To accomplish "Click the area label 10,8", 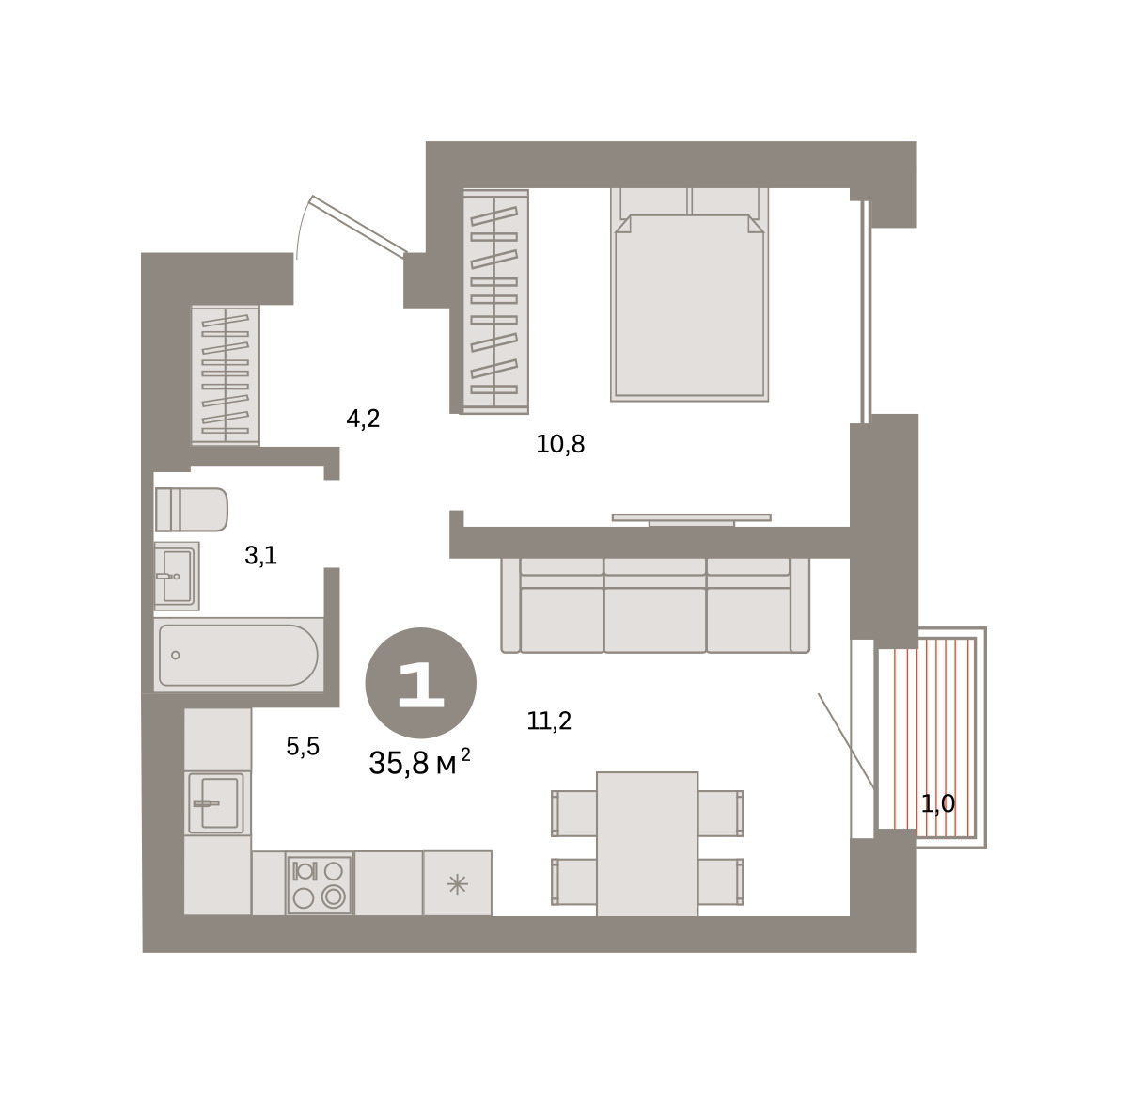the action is click(x=560, y=445).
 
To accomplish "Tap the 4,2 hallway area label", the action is click(x=363, y=419).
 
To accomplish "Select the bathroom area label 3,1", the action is click(x=260, y=556).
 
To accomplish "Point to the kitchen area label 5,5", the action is click(x=303, y=747).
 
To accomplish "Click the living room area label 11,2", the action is click(x=549, y=721).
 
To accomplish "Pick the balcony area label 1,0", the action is click(x=938, y=804).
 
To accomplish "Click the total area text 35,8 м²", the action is click(x=419, y=762).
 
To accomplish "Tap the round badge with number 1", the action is click(x=421, y=683).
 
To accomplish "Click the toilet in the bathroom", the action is click(x=191, y=509).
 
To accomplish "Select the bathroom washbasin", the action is click(x=177, y=576).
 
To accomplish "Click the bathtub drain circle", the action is click(x=175, y=655).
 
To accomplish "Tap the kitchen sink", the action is click(x=217, y=803).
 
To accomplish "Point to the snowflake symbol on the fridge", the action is click(x=458, y=884).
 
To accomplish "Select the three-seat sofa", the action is click(x=655, y=606).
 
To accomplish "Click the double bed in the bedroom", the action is click(x=689, y=294).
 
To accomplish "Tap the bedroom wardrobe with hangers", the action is click(x=495, y=302).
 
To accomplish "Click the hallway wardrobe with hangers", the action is click(x=226, y=374).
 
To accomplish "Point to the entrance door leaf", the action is click(x=359, y=226).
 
